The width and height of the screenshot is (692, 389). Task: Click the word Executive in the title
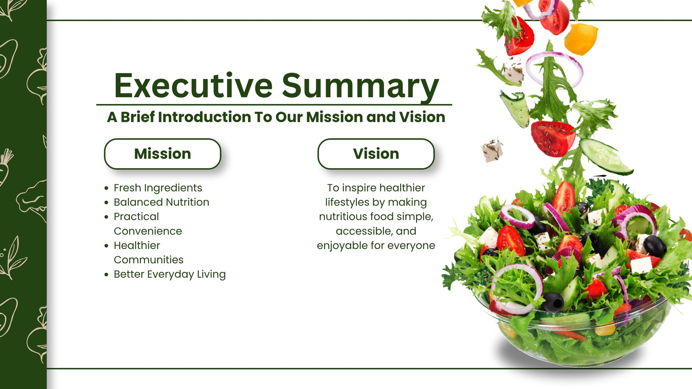193,85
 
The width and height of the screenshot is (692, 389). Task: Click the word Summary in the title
360,87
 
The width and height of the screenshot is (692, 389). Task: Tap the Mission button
163,154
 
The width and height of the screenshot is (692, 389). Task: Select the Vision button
376,154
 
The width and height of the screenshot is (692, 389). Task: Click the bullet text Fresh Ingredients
158,188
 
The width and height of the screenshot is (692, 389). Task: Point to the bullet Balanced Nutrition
161,202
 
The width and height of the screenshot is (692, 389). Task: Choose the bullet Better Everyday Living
170,274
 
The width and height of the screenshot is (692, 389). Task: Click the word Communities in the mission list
149,260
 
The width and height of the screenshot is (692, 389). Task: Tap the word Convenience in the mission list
148,231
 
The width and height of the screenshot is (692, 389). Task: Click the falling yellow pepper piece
581,39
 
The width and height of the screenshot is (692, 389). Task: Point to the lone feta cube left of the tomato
492,150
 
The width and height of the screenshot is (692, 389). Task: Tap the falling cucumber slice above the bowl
605,156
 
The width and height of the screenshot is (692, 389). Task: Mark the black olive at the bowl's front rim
553,302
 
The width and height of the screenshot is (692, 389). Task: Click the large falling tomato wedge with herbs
553,138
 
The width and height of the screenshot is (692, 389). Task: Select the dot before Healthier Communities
106,246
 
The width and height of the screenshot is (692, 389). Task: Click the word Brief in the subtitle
138,117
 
